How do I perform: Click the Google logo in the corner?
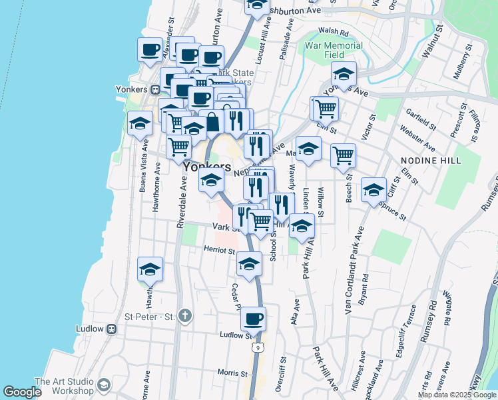coord(22,392)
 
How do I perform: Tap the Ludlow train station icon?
coord(112,329)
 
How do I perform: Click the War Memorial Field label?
coord(334,50)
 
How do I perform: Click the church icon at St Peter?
coord(185,315)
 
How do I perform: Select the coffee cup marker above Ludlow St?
coord(253,318)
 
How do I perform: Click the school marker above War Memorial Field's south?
coord(344,73)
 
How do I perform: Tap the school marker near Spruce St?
coord(374,189)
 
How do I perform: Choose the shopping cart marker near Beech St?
coord(343,155)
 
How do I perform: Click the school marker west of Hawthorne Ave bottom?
coord(150,269)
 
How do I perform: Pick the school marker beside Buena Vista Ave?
coord(140,123)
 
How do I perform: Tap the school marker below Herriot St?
coord(249,265)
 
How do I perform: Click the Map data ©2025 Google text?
coord(456,395)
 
